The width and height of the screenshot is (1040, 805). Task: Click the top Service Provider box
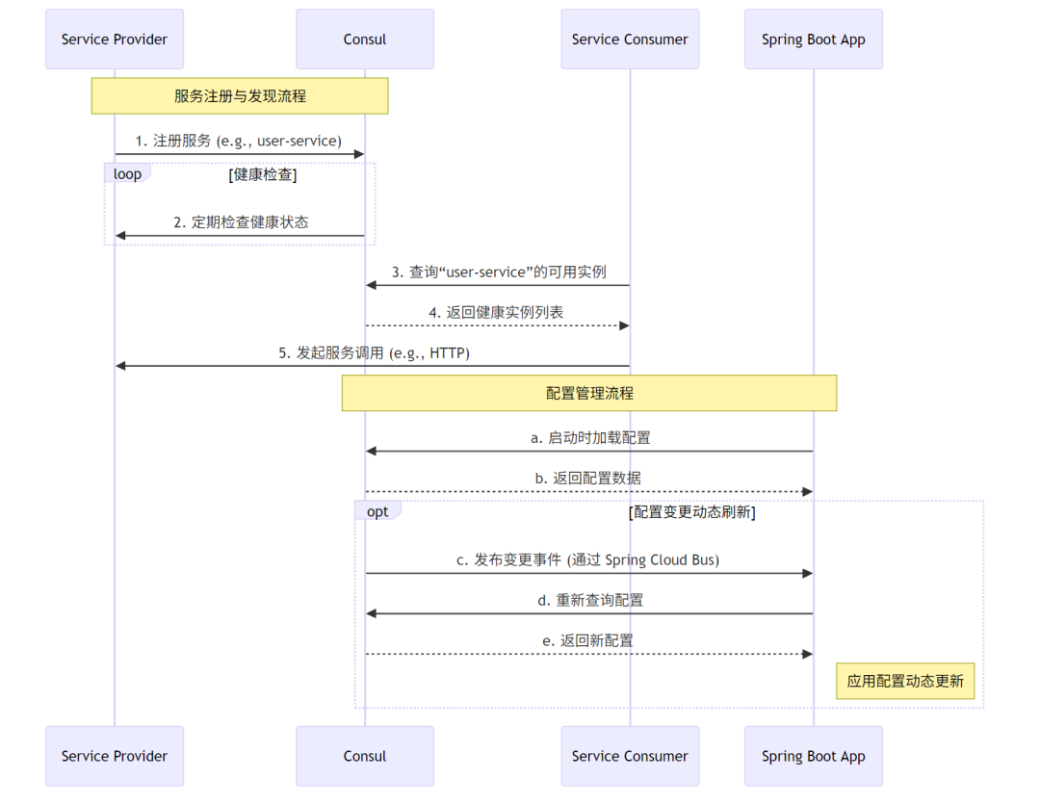tap(114, 39)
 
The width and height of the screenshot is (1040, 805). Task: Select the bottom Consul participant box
tap(364, 756)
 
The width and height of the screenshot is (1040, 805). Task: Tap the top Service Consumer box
tap(630, 39)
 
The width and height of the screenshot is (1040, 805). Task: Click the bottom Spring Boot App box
tap(813, 756)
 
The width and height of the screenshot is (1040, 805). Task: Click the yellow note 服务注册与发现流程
tap(240, 96)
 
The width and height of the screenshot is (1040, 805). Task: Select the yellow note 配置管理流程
tap(589, 393)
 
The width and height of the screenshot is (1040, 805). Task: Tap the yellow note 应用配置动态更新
tap(905, 681)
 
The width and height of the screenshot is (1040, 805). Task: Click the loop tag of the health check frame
tap(126, 174)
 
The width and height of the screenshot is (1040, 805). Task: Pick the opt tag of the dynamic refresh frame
tap(377, 511)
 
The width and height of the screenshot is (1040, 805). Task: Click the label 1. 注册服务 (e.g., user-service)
tap(238, 141)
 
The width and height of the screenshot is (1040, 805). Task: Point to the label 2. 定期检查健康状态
tap(241, 221)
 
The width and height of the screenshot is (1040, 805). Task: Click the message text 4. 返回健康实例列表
tap(496, 312)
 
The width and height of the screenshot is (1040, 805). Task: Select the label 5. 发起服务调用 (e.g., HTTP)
tap(374, 352)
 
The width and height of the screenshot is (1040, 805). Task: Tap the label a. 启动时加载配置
tap(590, 437)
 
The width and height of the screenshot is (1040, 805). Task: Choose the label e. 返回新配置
tap(587, 640)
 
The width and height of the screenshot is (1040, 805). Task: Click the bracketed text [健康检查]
tap(262, 174)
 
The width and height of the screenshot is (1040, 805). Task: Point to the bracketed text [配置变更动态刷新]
tap(691, 511)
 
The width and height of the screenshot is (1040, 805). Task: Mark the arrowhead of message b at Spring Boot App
tap(808, 492)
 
